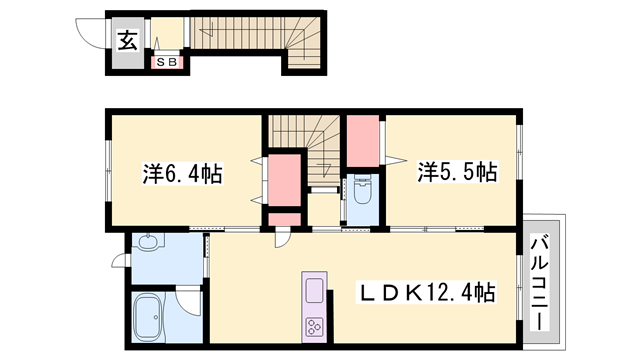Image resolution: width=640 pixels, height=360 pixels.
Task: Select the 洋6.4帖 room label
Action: [182, 173]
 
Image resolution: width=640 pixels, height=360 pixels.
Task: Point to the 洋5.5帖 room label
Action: [456, 173]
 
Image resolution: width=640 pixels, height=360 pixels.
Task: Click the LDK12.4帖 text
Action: [426, 294]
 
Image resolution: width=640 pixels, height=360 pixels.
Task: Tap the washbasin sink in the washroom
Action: [148, 243]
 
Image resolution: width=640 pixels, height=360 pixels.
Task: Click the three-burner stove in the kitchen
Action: [315, 327]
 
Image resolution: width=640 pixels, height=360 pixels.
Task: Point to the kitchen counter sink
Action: [314, 291]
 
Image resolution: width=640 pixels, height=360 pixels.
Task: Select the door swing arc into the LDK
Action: [285, 237]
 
